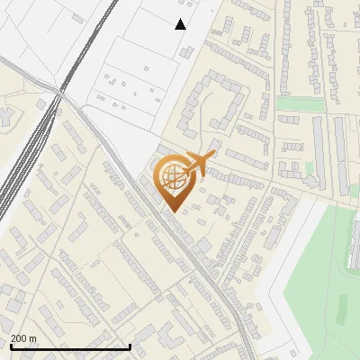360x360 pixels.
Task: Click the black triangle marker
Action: point(181,24)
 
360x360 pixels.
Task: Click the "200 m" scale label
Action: point(23,338)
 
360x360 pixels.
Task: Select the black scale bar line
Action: point(70,346)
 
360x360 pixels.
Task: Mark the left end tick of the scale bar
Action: point(10,346)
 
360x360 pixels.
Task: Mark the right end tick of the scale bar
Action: point(131,346)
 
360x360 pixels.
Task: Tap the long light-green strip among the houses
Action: point(300,104)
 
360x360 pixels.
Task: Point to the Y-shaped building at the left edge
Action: point(4,116)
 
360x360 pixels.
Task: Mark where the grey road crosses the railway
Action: point(61,91)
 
